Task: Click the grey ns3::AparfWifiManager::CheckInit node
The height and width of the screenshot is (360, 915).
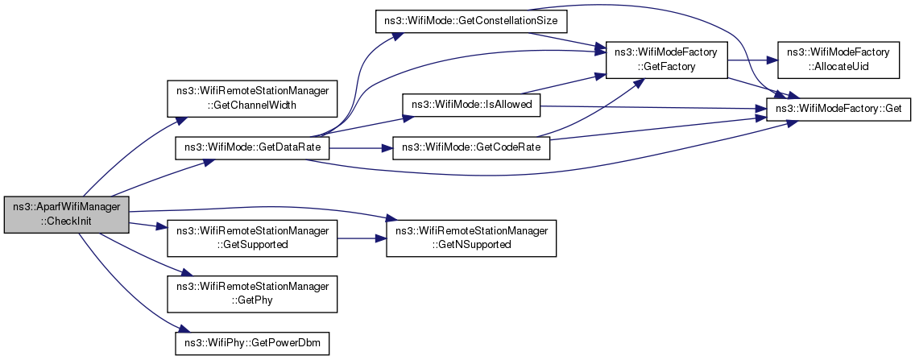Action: coord(66,215)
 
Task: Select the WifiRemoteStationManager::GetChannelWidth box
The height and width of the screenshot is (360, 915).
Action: coord(252,98)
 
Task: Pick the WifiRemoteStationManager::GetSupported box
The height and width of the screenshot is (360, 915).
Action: coord(252,238)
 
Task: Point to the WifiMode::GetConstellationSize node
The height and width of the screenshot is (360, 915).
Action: coord(471,22)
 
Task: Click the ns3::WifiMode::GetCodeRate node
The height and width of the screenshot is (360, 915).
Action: coord(471,147)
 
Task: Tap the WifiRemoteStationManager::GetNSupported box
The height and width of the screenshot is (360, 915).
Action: coord(471,238)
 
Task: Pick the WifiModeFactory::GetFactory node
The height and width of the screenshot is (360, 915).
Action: coord(666,60)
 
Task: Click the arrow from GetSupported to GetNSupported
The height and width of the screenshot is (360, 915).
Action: coord(362,238)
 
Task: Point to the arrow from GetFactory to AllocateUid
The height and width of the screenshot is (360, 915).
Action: coord(753,60)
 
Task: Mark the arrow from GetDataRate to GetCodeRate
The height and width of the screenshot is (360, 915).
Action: coord(361,148)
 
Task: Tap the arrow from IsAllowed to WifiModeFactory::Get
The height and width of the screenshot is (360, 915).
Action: coord(653,107)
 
